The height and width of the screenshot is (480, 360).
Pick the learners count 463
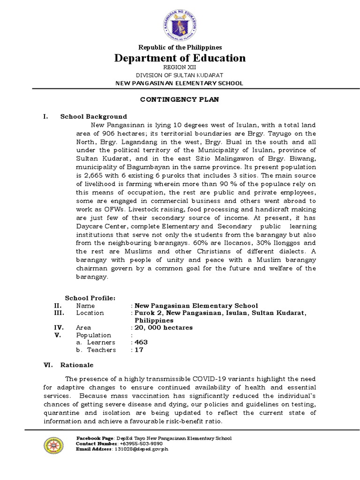click(x=141, y=342)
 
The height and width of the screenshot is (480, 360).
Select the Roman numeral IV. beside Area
click(x=59, y=328)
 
